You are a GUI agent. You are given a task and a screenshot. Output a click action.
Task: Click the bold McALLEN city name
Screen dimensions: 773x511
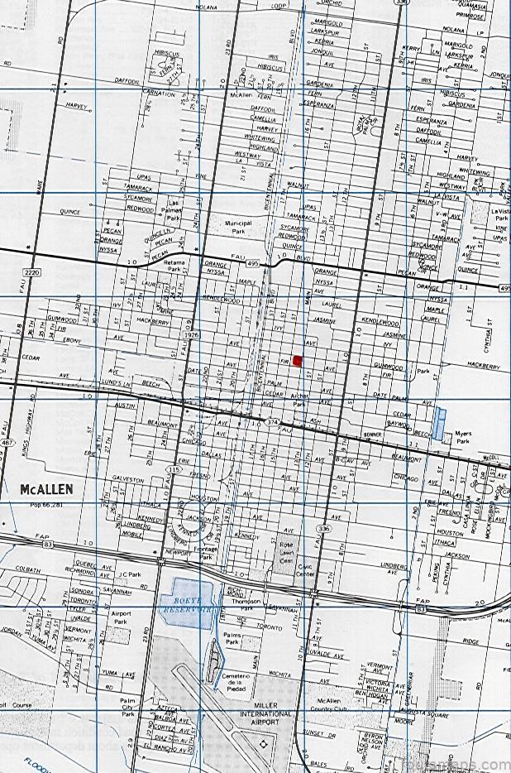pyautogui.click(x=46, y=489)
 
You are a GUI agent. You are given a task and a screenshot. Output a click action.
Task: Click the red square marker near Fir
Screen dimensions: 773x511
pyautogui.click(x=298, y=360)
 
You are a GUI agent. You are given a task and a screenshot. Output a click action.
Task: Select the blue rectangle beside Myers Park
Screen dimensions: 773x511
pyautogui.click(x=438, y=418)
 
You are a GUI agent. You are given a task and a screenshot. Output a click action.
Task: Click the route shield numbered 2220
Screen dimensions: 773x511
pyautogui.click(x=32, y=271)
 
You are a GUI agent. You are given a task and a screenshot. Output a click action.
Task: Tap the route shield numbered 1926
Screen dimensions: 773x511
pyautogui.click(x=193, y=334)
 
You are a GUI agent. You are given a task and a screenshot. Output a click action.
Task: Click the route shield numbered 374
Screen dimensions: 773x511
pyautogui.click(x=274, y=421)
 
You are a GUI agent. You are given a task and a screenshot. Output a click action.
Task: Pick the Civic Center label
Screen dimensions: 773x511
pyautogui.click(x=305, y=570)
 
